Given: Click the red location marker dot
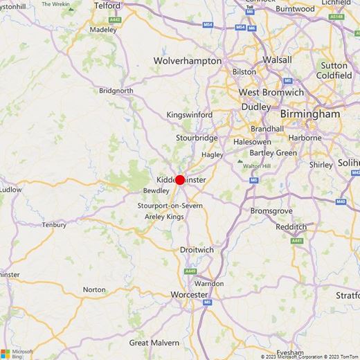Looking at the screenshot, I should point(180,180).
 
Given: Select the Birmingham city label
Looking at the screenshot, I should point(310,114).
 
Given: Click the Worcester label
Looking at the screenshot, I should point(189,295).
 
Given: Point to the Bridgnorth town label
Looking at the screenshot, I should point(116,91).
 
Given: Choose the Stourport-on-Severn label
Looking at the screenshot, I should point(170,206).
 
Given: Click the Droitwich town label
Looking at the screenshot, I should point(197,249).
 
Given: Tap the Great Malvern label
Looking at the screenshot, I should point(154,343).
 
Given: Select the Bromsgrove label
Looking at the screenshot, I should point(271,210).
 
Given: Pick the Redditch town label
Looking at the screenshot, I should point(291,226).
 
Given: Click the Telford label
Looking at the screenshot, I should point(107,6).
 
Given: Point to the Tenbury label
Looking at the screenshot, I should point(54,225).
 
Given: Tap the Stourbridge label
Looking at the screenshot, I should point(197,138).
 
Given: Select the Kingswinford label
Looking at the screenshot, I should point(190,114).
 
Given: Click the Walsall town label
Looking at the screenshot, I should point(277,60).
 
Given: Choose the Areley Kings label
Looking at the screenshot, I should point(164,217).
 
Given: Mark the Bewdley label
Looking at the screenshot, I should point(156,190).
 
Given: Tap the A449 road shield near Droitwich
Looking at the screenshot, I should point(191,271).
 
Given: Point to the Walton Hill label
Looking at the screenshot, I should point(256,166).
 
